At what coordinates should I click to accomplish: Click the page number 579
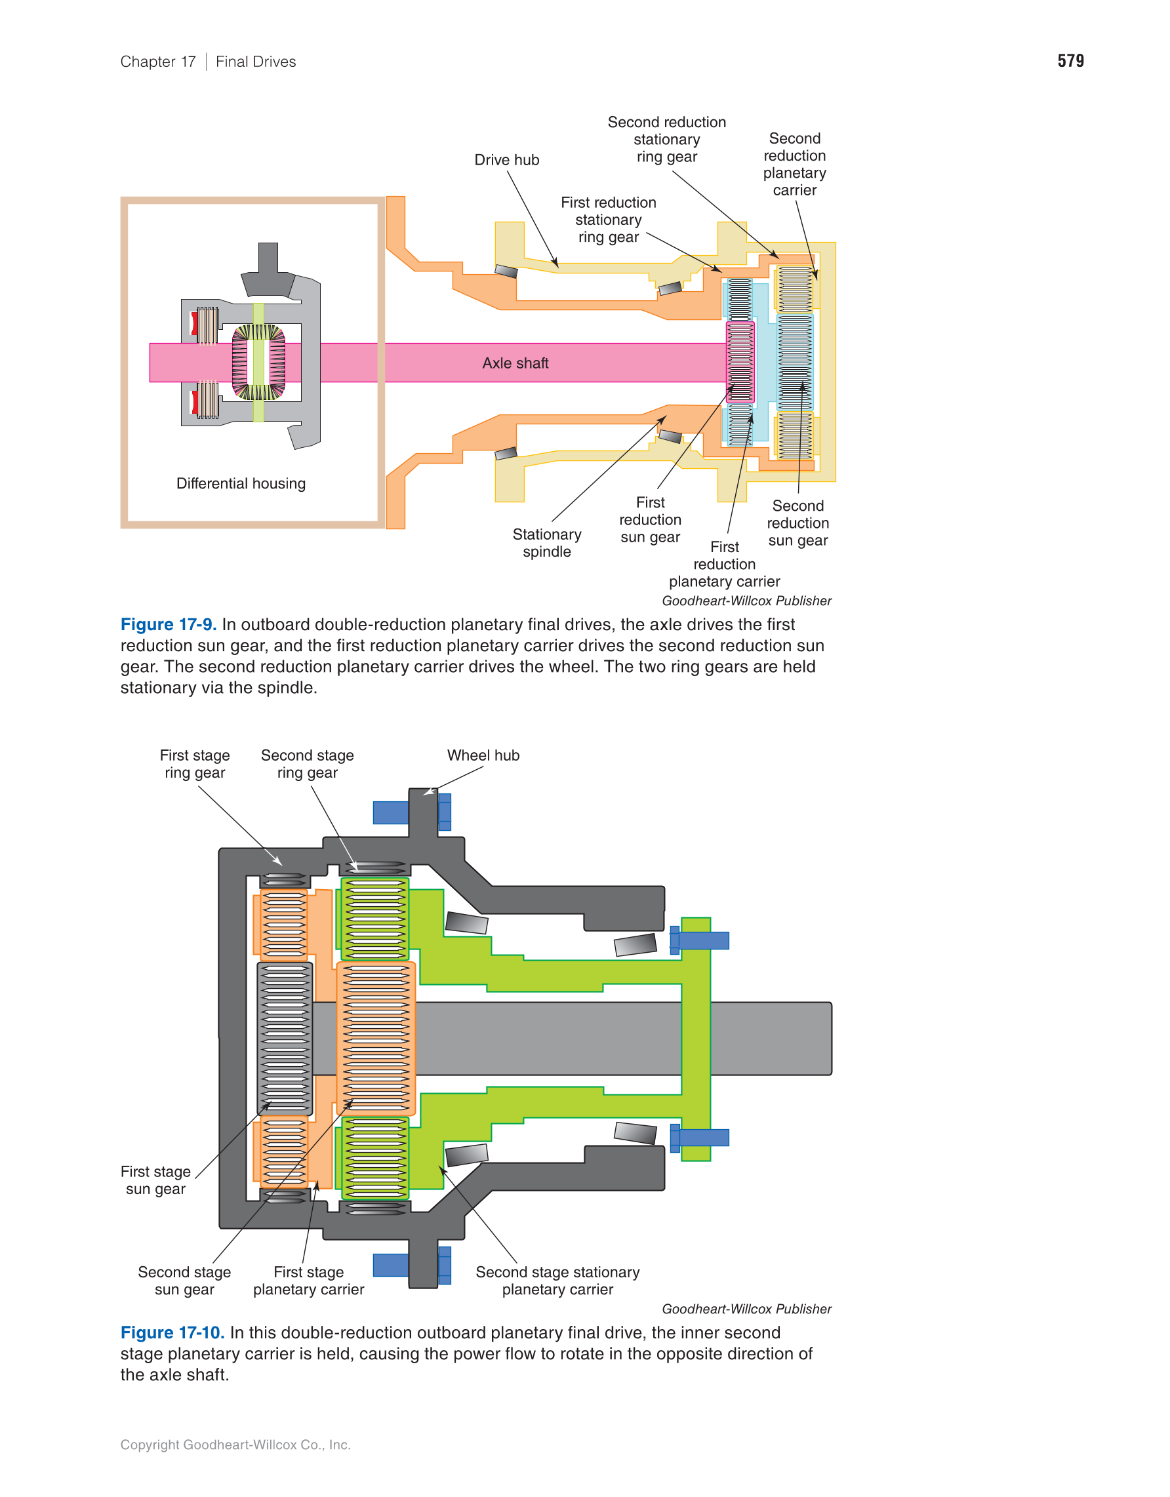click(x=1070, y=61)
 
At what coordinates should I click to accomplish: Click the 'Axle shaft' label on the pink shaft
click(x=515, y=363)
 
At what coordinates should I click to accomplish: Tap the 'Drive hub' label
click(x=506, y=160)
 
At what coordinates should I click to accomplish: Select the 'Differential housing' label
click(x=241, y=483)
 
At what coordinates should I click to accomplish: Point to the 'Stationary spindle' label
click(x=547, y=543)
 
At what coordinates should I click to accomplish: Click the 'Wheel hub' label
click(x=483, y=755)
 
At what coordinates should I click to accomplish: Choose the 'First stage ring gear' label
click(x=195, y=763)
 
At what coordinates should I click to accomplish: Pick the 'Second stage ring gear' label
click(x=307, y=763)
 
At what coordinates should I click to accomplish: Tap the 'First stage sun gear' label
click(x=155, y=1180)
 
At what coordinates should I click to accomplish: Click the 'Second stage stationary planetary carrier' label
click(x=557, y=1281)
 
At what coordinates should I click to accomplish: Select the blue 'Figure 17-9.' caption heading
click(x=169, y=624)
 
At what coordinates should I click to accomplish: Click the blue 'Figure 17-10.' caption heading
click(x=172, y=1332)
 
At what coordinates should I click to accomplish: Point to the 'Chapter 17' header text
click(x=158, y=62)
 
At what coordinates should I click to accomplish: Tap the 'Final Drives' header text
click(x=256, y=62)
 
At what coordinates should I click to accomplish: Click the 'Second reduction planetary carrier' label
click(x=794, y=165)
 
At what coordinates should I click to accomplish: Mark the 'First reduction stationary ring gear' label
click(x=609, y=220)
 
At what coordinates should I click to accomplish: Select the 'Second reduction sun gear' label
click(x=798, y=523)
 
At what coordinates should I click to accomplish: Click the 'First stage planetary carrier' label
click(x=308, y=1281)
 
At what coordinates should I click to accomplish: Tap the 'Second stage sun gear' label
click(x=184, y=1281)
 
